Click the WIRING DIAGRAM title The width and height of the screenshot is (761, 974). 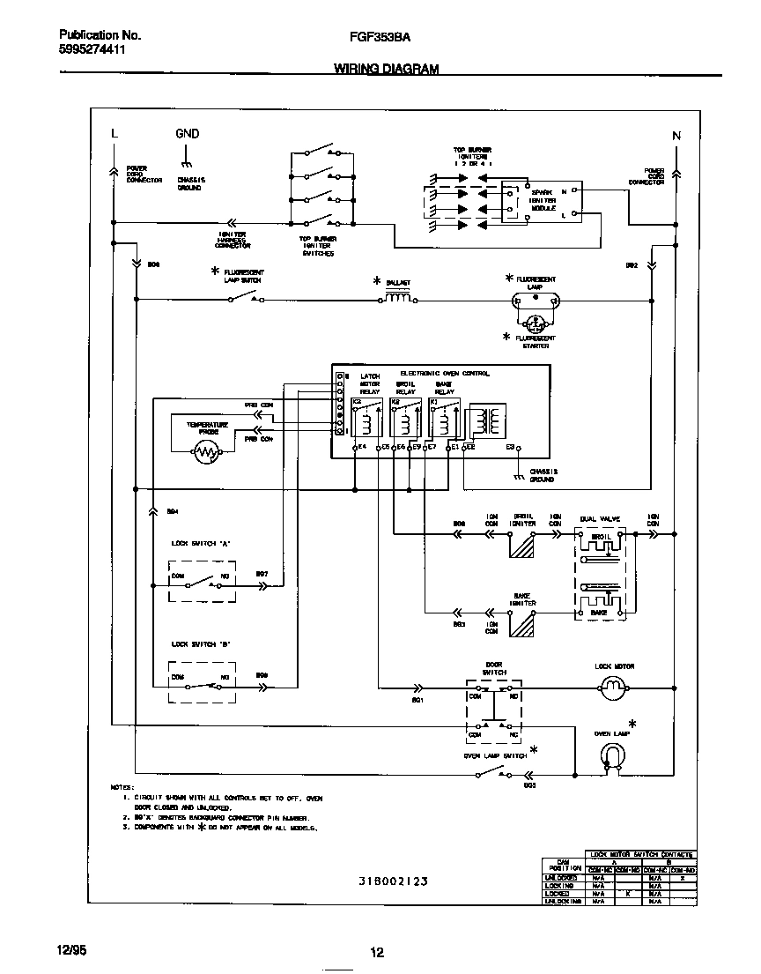(386, 69)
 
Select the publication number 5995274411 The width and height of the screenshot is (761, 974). (92, 51)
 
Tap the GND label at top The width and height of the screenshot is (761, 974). (187, 134)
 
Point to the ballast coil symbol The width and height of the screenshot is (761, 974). (398, 300)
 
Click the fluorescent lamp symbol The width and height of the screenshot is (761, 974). (536, 301)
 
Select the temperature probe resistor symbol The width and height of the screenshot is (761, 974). (206, 453)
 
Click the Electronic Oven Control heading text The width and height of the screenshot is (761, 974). (445, 373)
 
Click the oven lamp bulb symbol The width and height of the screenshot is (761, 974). (610, 754)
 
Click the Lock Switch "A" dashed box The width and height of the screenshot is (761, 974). (201, 580)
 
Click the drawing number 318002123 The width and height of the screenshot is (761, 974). (393, 881)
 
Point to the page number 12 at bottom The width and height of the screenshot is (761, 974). (376, 952)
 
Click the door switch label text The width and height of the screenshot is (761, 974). (494, 668)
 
